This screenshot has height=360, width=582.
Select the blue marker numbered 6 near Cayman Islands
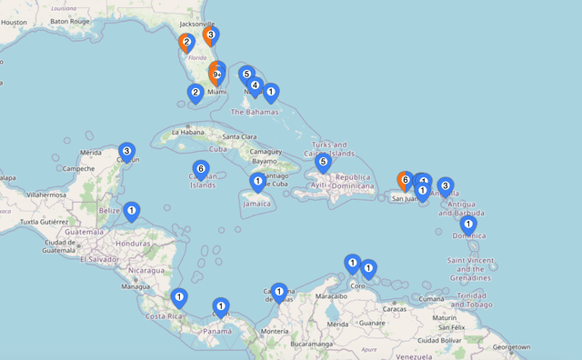(x=201, y=169)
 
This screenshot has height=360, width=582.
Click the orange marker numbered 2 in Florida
(x=186, y=42)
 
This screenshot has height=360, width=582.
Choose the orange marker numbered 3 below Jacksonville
(x=210, y=36)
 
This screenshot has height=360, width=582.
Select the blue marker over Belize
(x=132, y=212)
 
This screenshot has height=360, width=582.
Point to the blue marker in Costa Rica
(x=179, y=297)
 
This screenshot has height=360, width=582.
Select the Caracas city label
(x=396, y=309)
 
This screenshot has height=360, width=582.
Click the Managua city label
(x=135, y=286)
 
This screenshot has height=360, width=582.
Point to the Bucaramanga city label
(x=296, y=345)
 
